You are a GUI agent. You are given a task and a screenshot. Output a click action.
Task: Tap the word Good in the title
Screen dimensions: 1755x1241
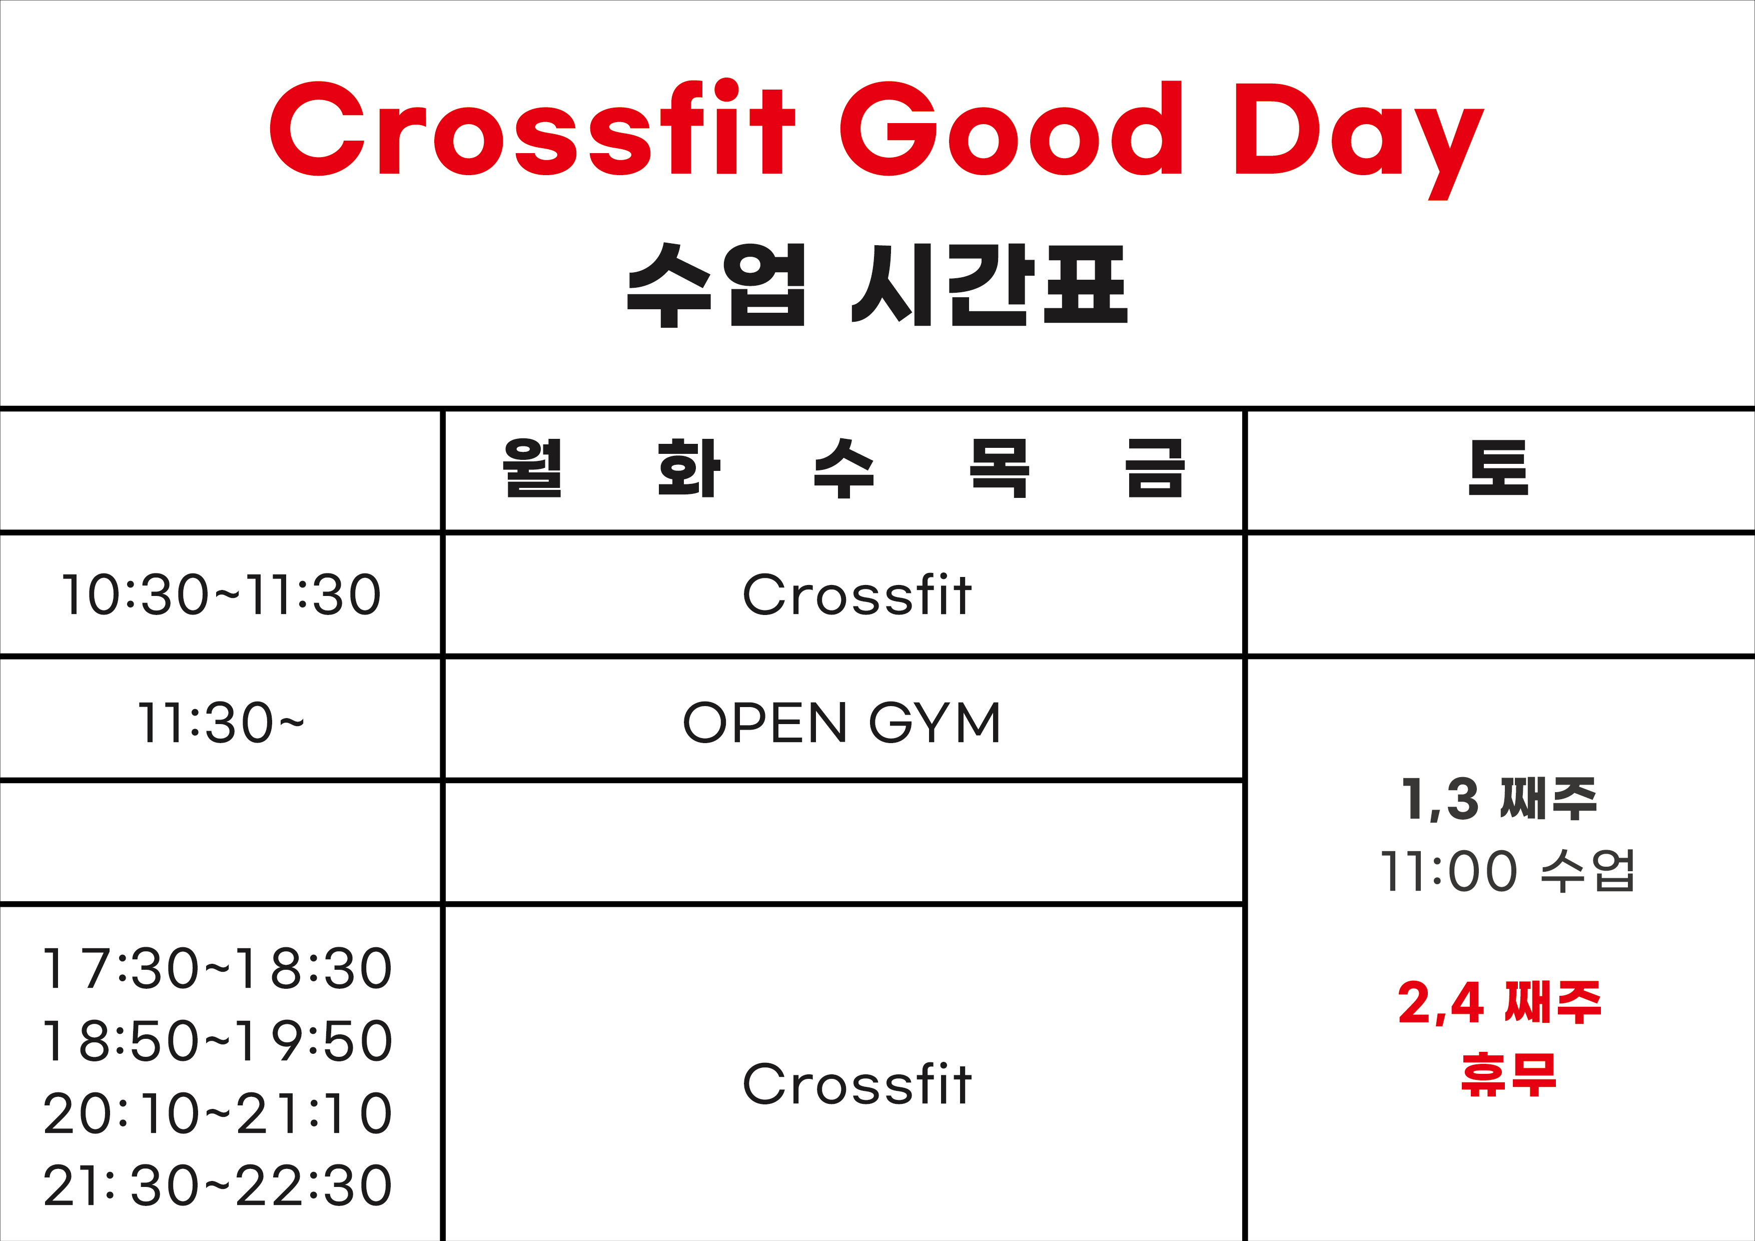point(1011,128)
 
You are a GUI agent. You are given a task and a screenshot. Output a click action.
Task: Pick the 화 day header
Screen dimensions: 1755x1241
point(689,468)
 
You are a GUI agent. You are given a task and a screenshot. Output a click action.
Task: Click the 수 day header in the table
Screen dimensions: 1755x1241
point(844,468)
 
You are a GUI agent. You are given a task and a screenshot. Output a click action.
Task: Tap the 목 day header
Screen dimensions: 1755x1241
point(1000,468)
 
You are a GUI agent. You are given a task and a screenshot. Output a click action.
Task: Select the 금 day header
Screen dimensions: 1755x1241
point(1155,468)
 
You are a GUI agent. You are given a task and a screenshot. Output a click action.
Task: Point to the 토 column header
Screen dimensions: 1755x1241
point(1498,468)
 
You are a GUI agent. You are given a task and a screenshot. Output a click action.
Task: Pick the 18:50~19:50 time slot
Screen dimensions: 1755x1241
point(218,1041)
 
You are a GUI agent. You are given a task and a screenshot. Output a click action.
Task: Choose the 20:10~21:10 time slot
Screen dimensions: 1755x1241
point(218,1113)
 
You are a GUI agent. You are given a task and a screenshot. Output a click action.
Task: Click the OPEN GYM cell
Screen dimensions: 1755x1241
point(841,723)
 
